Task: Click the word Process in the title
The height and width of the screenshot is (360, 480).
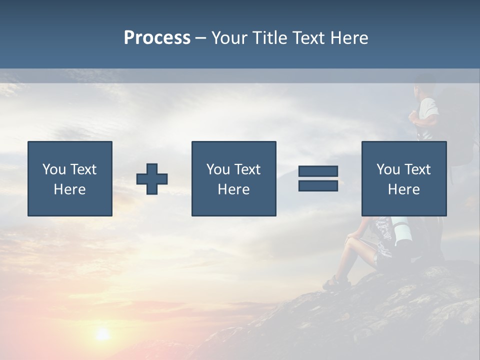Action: tap(157, 38)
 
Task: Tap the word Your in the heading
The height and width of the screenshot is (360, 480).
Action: tap(230, 38)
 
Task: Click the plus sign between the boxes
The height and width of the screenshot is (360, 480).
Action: tap(152, 179)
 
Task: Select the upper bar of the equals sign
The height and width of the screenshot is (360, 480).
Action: tap(318, 171)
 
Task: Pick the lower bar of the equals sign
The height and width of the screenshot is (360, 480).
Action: tap(318, 185)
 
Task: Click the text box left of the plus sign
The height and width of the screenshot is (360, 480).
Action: tap(70, 178)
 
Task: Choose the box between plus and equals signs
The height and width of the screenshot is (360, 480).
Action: tap(233, 178)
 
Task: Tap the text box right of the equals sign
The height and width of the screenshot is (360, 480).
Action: tap(403, 178)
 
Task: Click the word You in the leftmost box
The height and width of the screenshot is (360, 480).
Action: tap(53, 169)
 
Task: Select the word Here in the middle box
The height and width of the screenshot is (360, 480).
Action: tap(233, 189)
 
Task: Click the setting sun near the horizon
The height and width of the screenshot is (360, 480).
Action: tap(102, 333)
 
